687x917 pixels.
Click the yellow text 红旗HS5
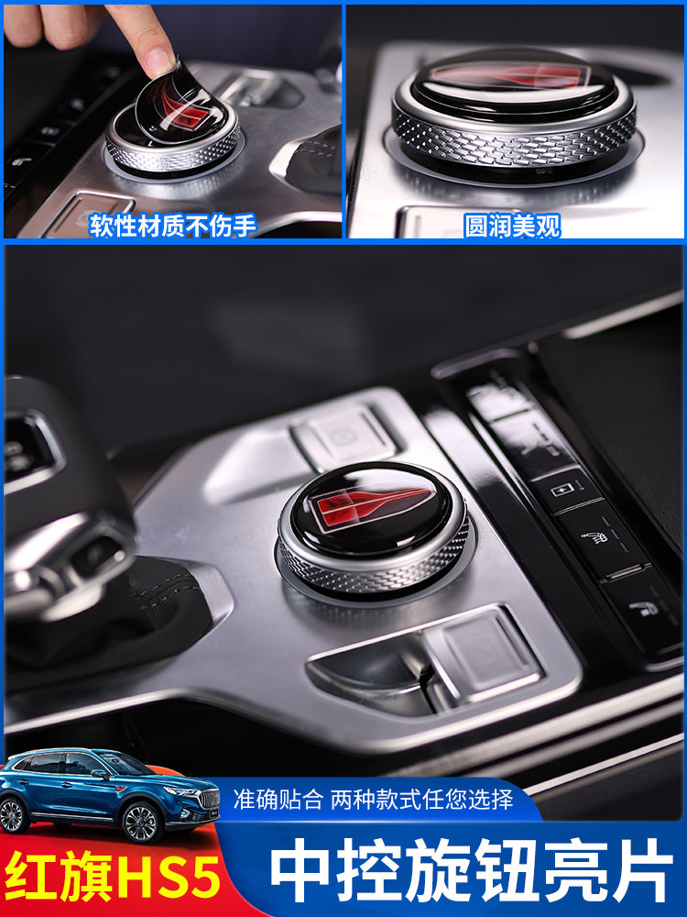pos(114,877)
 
